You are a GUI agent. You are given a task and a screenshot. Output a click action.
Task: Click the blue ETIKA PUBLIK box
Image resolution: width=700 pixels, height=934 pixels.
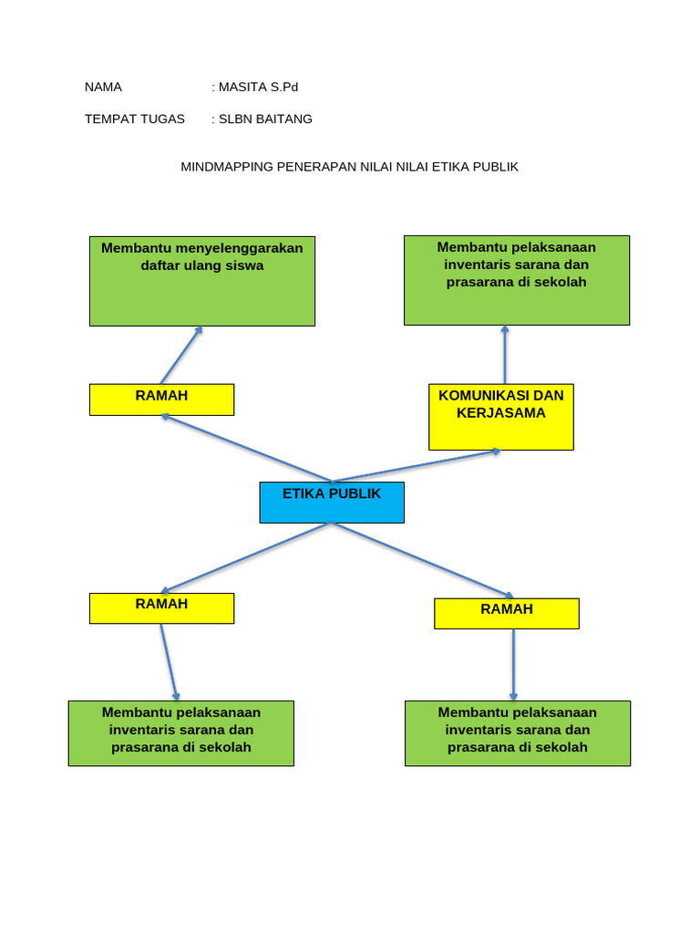pos(332,503)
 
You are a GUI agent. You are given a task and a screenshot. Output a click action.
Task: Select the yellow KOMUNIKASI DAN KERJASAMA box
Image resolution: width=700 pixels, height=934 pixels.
pos(501,417)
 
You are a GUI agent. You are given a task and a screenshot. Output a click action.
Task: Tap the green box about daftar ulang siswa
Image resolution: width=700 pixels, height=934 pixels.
pos(202,281)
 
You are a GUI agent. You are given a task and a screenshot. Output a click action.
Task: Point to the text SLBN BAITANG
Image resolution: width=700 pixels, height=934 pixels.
pos(265,119)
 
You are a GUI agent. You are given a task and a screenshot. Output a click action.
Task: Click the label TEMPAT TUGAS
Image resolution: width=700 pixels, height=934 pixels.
pos(135,119)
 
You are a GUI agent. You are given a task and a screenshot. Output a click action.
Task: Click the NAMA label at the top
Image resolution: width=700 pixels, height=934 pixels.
pos(103,88)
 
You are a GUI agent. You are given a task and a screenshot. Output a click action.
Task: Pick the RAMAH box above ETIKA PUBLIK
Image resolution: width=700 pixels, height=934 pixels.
pos(161,400)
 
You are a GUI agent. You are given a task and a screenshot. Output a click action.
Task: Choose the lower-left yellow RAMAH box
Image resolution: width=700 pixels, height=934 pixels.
pos(161,608)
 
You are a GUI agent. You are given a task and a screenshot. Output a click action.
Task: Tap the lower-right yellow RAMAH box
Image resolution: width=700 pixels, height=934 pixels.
pos(507,614)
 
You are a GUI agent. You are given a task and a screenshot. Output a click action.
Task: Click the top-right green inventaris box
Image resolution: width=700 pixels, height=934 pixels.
pos(517,280)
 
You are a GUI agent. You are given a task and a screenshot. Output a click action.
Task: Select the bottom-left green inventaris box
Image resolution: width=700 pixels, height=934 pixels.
pos(181,733)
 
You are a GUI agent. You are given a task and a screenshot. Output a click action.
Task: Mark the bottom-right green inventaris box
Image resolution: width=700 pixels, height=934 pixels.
pos(518,733)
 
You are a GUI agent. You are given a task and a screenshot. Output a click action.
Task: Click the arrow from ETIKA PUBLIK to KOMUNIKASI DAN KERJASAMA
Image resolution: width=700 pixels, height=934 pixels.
pos(417,465)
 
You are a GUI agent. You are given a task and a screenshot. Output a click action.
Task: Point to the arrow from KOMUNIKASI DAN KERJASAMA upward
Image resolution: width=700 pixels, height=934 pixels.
pos(505,355)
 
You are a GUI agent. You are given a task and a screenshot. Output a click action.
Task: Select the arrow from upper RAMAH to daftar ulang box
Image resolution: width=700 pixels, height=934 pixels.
pos(180,356)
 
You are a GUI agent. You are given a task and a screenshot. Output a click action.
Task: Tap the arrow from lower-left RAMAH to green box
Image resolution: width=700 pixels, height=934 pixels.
pos(169,662)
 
